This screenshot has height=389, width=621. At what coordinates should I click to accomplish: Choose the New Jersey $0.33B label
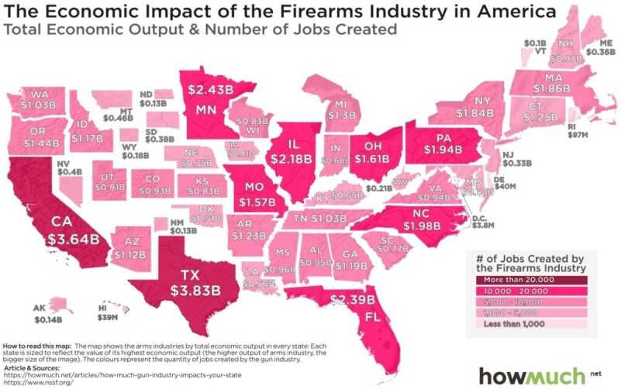[518, 164]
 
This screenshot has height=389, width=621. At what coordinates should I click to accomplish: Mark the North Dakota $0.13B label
[154, 102]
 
